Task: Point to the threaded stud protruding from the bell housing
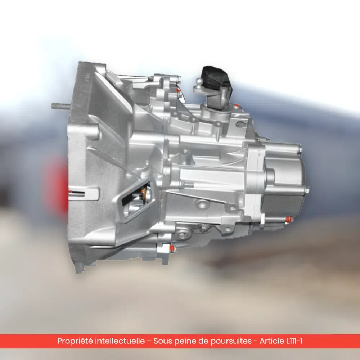pyautogui.click(x=60, y=106)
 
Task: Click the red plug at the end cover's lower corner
pyautogui.click(x=289, y=220)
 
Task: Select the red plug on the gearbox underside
pyautogui.click(x=172, y=249)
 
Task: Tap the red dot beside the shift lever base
pyautogui.click(x=236, y=106)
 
